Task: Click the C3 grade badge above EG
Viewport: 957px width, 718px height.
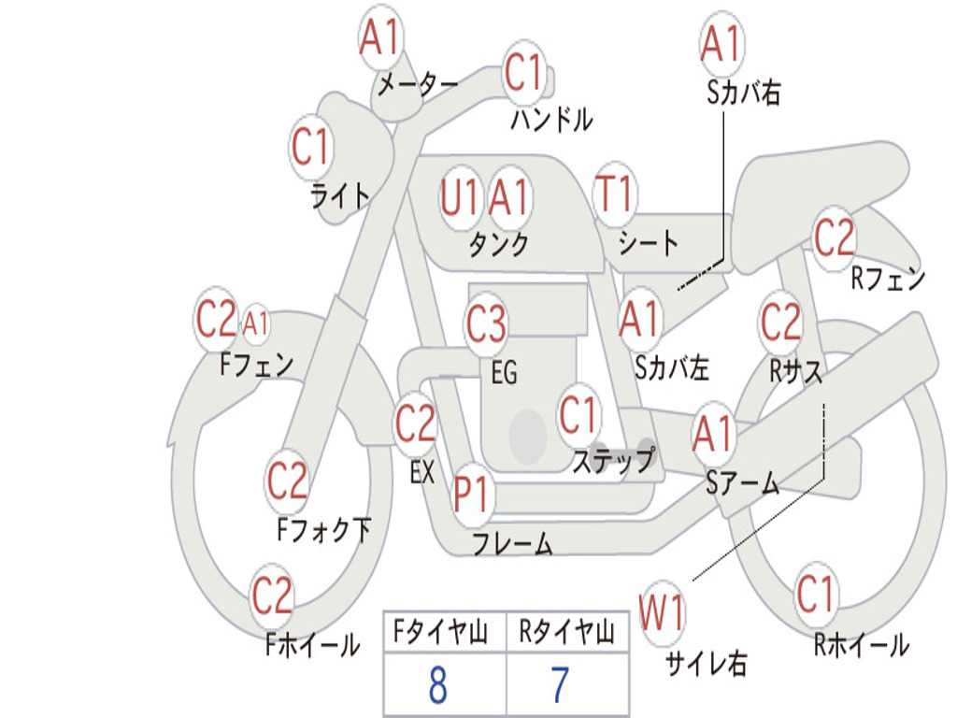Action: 486,325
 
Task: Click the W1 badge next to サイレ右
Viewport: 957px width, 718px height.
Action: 662,614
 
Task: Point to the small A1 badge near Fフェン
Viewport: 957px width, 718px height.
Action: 255,324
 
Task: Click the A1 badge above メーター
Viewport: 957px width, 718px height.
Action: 380,39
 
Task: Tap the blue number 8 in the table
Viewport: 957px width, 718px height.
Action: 437,685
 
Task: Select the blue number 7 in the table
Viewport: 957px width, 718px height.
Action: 560,685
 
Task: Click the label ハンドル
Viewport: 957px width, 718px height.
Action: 551,120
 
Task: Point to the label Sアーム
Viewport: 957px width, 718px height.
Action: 742,483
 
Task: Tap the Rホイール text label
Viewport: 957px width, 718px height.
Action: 861,645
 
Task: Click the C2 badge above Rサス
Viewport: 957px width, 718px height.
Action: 780,323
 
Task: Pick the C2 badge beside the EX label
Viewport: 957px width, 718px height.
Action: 415,424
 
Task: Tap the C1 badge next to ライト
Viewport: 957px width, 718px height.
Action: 311,147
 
